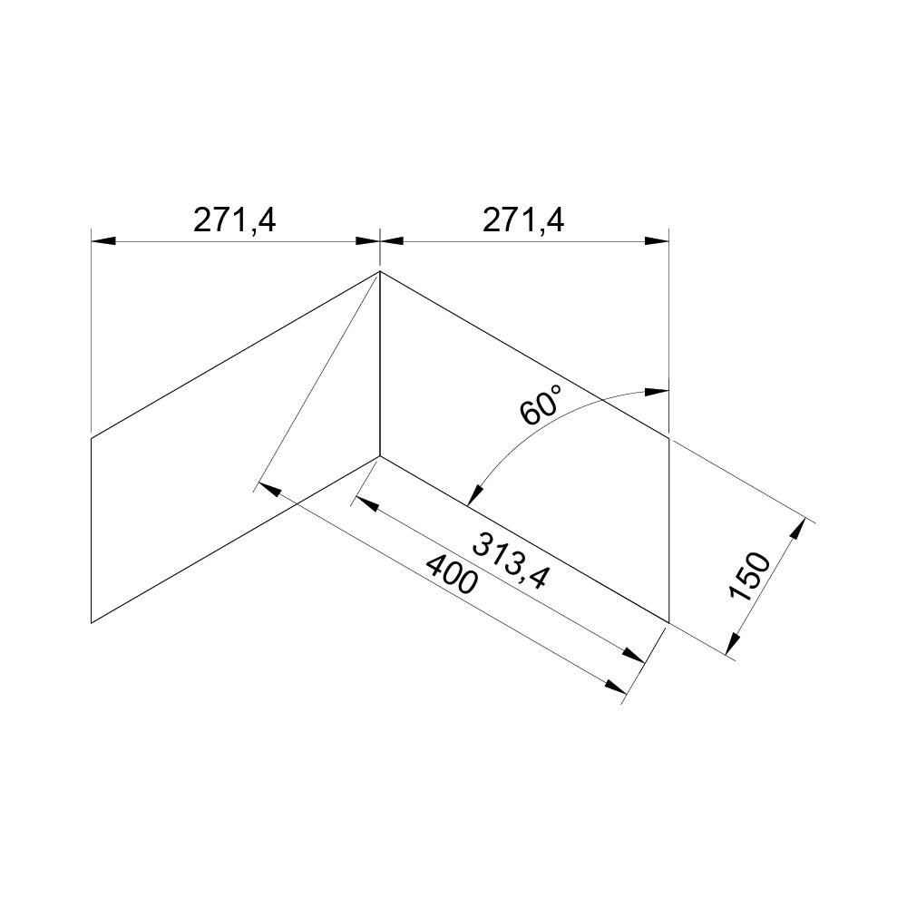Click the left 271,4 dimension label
click(235, 220)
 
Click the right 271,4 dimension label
click(523, 220)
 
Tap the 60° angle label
click(542, 405)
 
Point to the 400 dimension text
click(451, 574)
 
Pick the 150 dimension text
click(750, 576)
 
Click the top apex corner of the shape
click(379, 271)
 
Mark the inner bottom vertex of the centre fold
click(379, 455)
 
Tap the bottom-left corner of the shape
click(92, 622)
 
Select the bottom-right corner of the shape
click(668, 622)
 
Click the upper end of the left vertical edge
click(92, 438)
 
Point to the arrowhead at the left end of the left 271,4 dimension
click(102, 241)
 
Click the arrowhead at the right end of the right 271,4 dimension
click(658, 241)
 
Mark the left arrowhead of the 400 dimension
click(266, 488)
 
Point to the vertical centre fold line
click(379, 363)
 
